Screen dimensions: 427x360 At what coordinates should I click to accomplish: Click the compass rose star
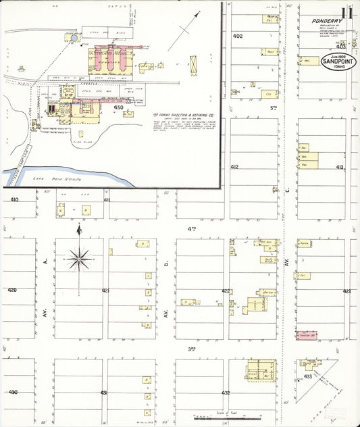[80, 257]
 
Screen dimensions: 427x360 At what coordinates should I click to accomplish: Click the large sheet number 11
[346, 14]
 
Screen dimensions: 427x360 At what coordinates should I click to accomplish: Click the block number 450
[119, 107]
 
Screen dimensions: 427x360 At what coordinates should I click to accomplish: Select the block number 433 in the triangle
[309, 376]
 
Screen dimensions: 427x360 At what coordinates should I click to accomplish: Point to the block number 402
[237, 35]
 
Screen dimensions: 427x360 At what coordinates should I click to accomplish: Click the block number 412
[234, 166]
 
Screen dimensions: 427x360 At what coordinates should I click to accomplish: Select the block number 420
[12, 290]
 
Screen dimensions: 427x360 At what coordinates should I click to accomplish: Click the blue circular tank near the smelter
[73, 41]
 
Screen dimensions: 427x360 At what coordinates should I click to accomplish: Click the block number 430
[12, 393]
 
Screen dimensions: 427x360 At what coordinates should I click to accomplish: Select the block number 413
[339, 167]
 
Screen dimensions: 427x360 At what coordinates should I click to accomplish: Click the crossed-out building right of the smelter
[195, 65]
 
